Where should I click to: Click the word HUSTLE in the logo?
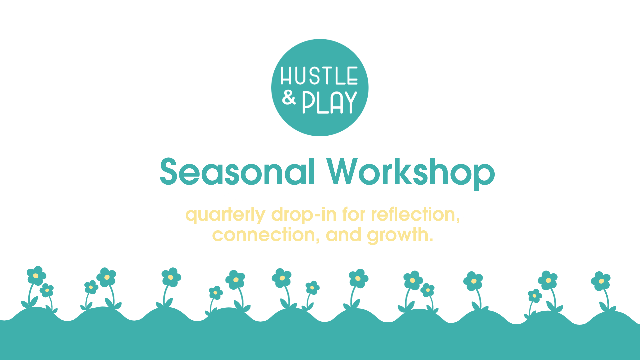[319, 76]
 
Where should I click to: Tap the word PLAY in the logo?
[329, 103]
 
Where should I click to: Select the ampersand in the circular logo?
[289, 98]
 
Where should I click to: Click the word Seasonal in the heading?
[237, 172]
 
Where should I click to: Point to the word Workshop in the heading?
[411, 172]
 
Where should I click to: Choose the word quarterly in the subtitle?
[225, 215]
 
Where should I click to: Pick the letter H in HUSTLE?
[286, 76]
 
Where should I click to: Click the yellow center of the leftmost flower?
[36, 276]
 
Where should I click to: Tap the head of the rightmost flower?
[601, 281]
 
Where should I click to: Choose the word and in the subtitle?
[343, 235]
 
